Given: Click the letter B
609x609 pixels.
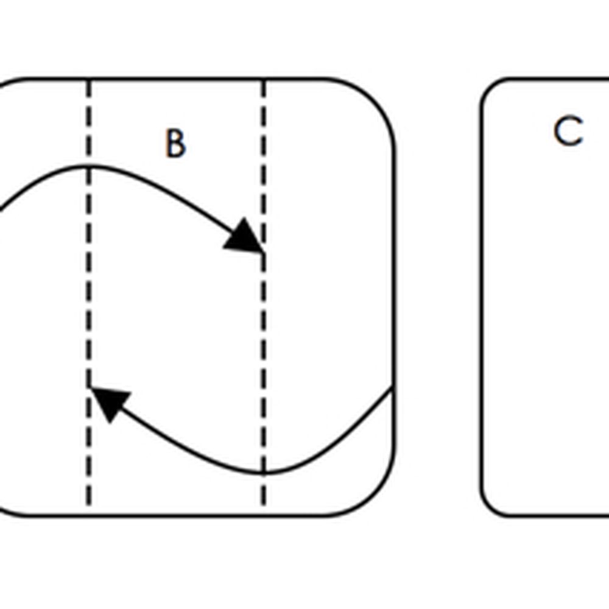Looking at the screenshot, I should coord(175,144).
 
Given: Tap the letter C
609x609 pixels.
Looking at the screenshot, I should coord(568,132).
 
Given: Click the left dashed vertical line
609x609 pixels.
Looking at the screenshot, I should coord(89,304).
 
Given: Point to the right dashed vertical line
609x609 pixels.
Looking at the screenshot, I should coord(264,341).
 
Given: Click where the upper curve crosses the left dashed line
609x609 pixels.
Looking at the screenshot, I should coord(89,166).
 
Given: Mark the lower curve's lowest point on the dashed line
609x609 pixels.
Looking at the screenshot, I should coord(264,473).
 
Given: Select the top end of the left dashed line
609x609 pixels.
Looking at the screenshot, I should coord(89,81).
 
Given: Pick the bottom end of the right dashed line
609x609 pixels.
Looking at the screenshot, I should coord(264,504).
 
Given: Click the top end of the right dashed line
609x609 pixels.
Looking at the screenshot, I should coord(264,81).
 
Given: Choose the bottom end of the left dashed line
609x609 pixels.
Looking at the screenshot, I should coord(89,504).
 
